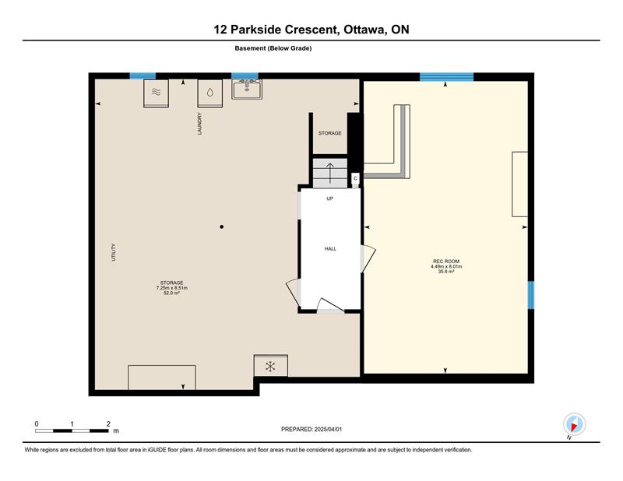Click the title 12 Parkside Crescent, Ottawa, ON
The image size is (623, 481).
311,30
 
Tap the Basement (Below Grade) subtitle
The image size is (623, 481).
273,48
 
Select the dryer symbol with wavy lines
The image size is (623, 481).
157,93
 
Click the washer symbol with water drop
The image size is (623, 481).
209,93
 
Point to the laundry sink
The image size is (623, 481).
247,89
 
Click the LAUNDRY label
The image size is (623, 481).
200,124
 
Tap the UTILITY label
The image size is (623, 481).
114,252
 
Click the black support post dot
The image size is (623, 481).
222,226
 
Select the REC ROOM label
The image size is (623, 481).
446,262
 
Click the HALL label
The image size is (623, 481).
330,248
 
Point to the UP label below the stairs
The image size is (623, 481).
329,198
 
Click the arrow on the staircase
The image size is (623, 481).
329,173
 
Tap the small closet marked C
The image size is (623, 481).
356,180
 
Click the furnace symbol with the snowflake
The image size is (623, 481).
270,366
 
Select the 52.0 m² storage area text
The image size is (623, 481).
171,293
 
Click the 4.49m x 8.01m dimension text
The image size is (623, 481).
446,266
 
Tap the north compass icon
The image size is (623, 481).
574,424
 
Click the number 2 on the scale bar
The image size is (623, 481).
108,424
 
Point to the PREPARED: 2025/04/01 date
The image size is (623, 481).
311,430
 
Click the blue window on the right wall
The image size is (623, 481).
531,295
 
